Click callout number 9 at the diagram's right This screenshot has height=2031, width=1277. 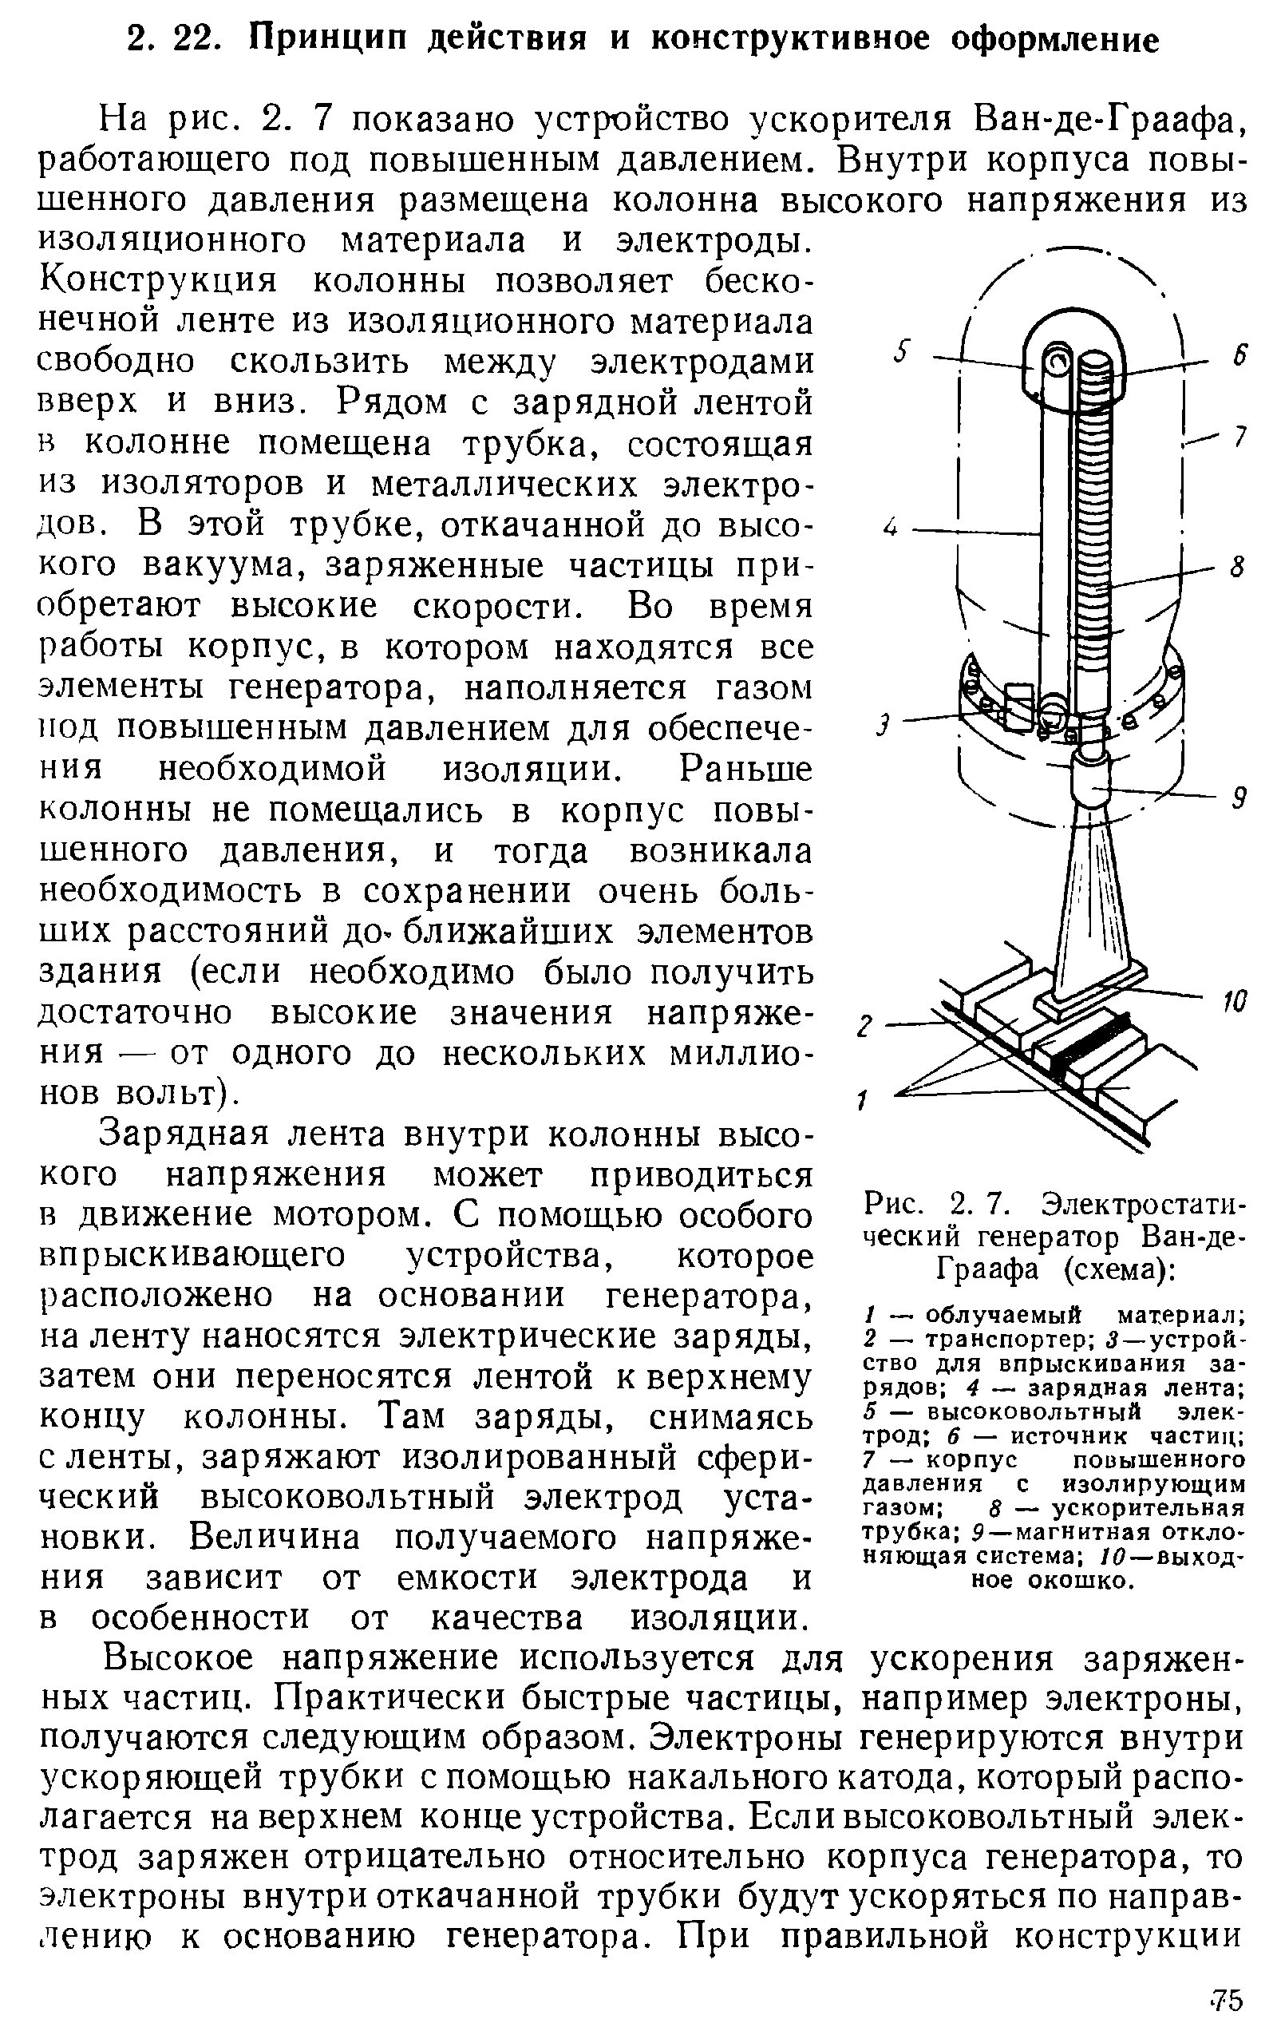(x=1238, y=797)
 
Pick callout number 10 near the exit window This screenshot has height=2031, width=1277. (x=1234, y=1002)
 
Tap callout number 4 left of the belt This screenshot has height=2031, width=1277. (x=891, y=529)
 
